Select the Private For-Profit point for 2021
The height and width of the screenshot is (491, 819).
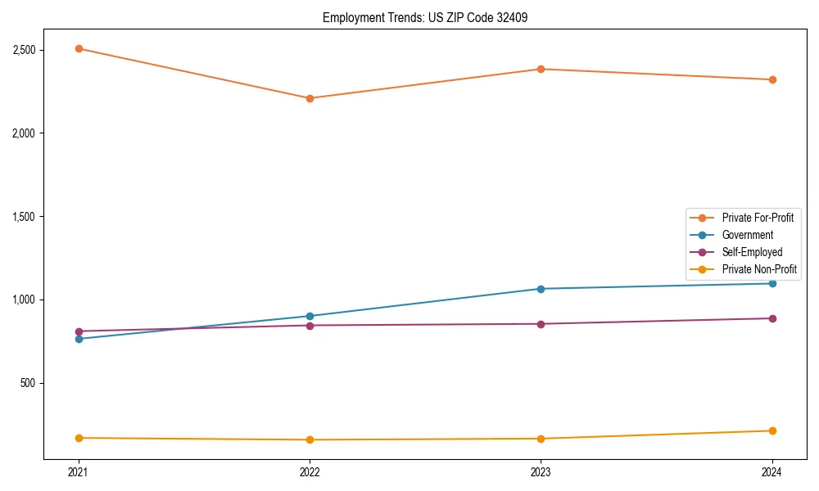point(79,48)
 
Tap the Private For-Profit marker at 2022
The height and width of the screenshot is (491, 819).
point(310,98)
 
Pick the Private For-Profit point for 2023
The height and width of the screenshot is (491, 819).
point(541,69)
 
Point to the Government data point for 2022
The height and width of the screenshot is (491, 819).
point(310,316)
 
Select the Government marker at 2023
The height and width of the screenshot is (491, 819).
point(541,289)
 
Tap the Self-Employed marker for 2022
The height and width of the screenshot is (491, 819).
point(310,326)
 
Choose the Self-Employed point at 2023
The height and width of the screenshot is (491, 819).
point(541,324)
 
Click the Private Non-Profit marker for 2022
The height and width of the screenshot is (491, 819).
point(310,440)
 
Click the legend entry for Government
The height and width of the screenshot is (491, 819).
point(747,235)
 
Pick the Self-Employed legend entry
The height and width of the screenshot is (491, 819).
point(752,252)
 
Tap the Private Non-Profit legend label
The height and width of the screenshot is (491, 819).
point(759,269)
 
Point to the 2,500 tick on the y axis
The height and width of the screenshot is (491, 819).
point(24,50)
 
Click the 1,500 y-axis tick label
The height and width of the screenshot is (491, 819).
point(24,217)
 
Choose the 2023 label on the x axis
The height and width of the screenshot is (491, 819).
point(541,472)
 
